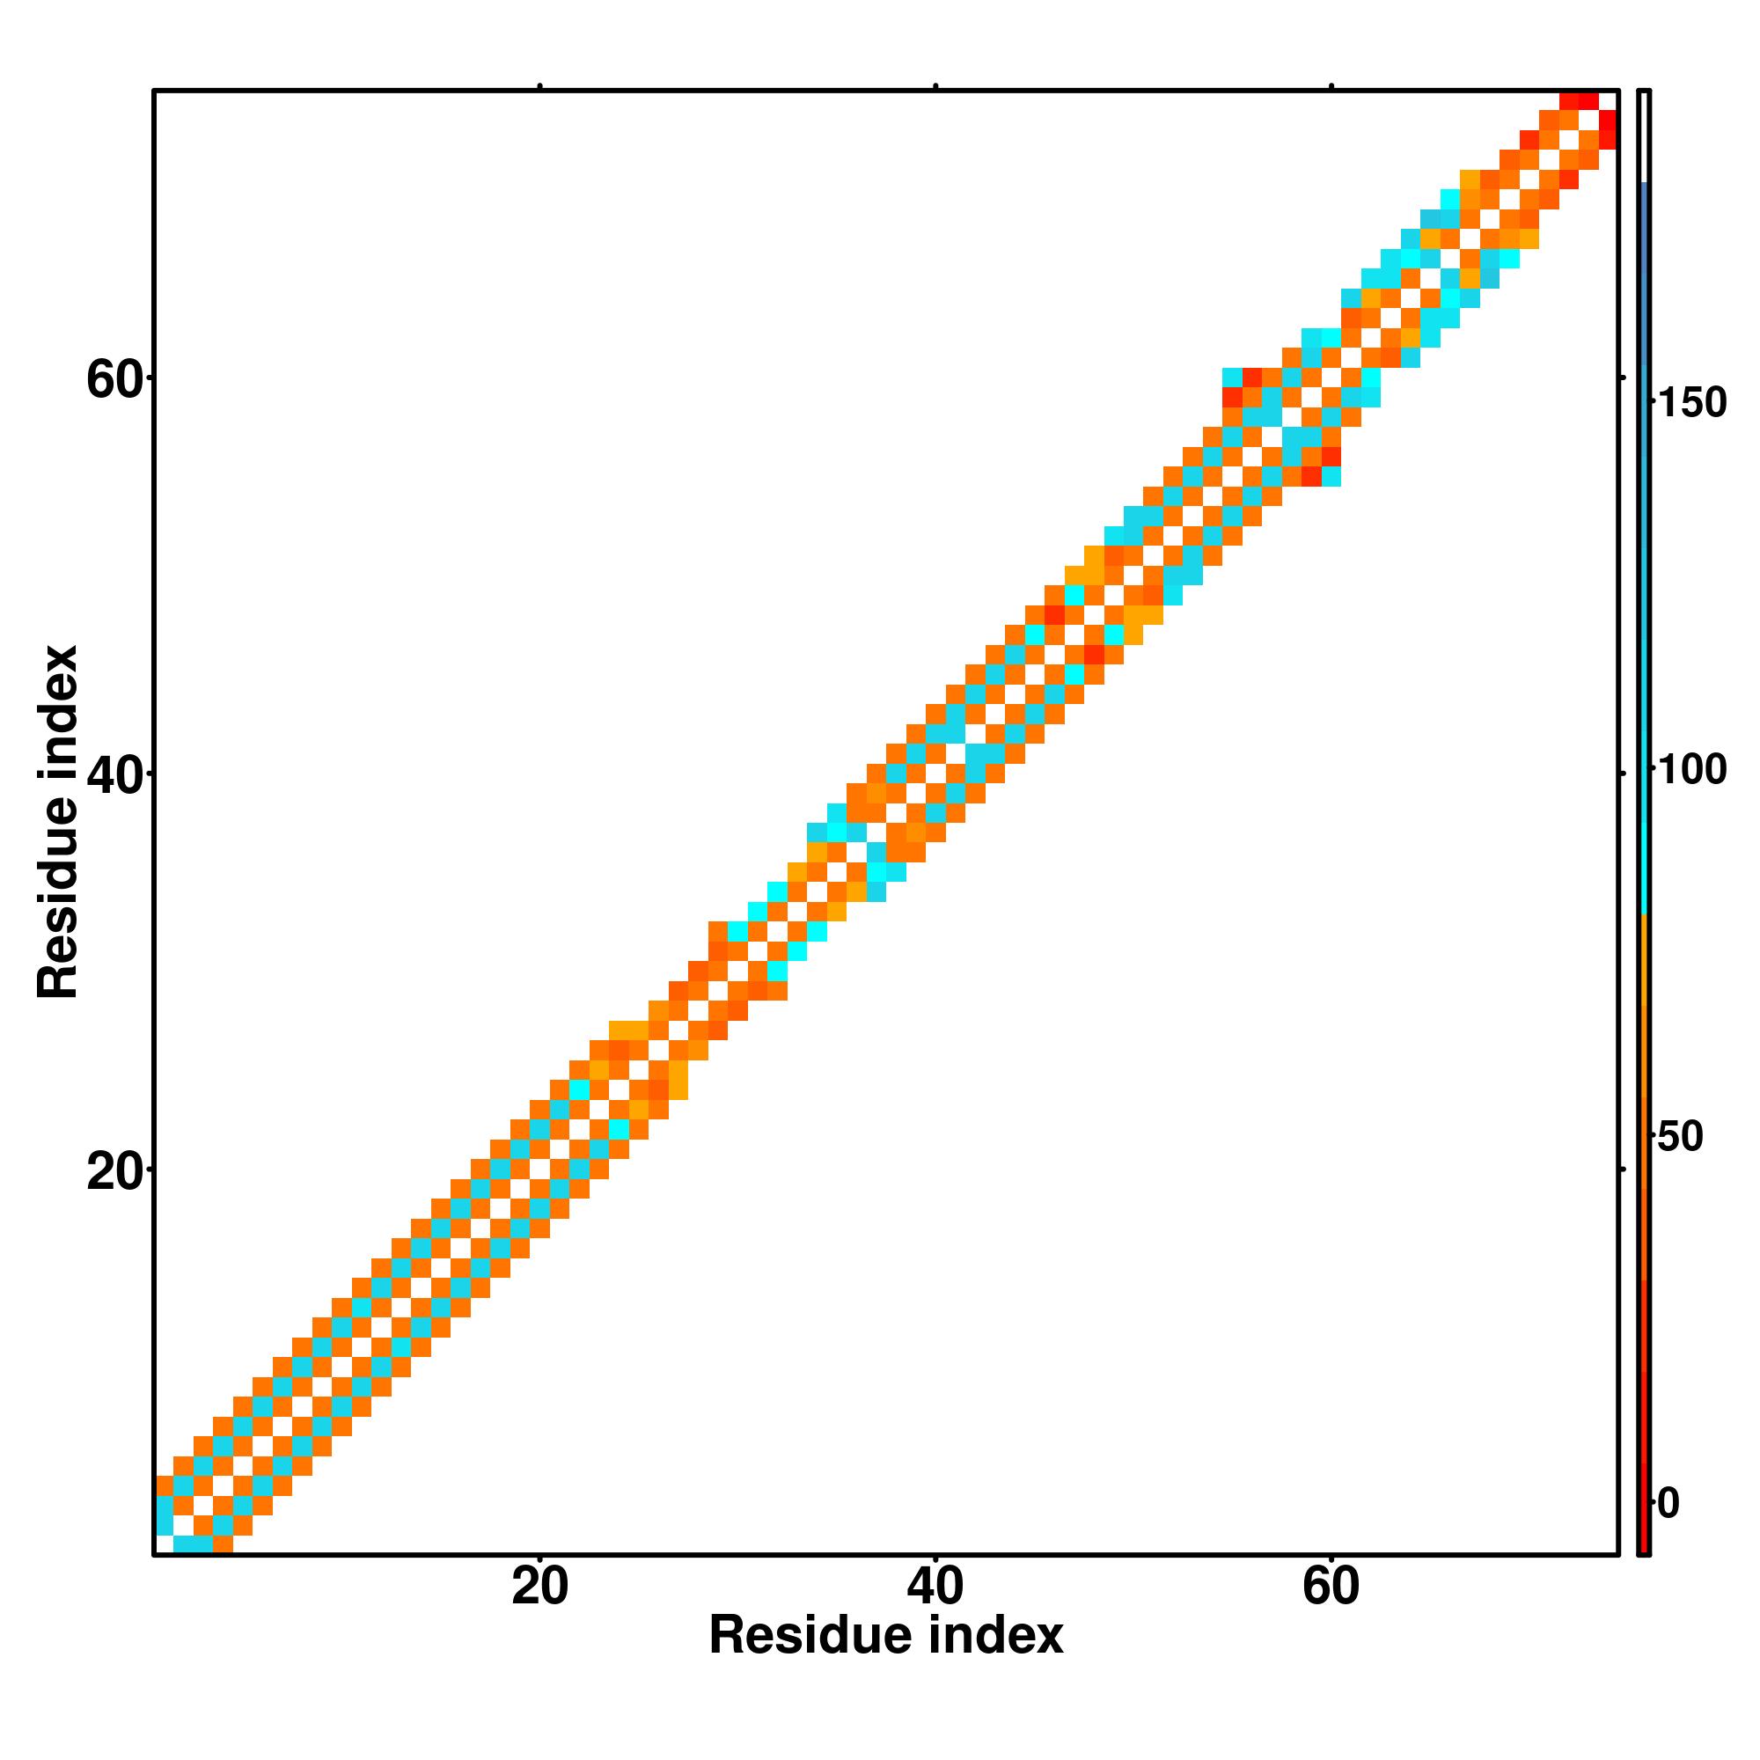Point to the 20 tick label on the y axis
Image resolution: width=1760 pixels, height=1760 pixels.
point(114,1171)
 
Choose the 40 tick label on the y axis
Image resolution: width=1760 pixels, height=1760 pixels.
point(114,775)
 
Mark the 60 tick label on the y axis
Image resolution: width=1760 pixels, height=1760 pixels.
point(114,380)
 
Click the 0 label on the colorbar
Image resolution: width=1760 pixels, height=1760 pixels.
point(1668,1504)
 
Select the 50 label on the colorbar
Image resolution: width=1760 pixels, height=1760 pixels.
point(1680,1137)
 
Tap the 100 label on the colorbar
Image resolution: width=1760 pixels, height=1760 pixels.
point(1691,771)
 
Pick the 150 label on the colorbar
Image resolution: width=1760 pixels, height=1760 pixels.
point(1691,403)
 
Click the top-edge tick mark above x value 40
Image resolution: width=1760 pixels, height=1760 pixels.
point(935,86)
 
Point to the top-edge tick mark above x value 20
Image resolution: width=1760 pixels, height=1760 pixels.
point(540,86)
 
